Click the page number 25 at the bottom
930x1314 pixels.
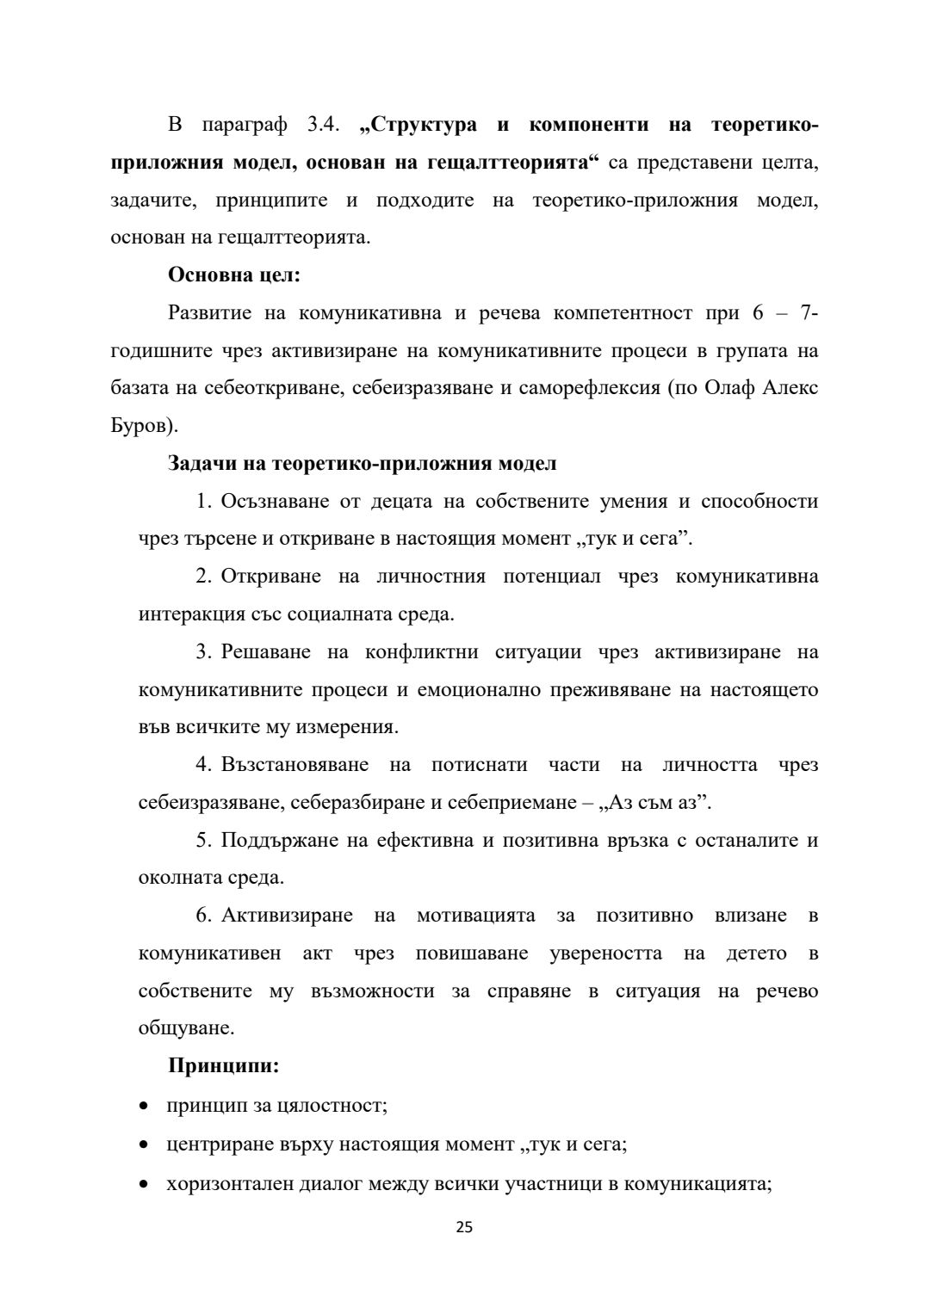point(464,1228)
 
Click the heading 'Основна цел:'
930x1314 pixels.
point(234,275)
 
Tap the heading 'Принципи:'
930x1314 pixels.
point(223,1065)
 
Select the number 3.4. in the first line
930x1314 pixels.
point(325,125)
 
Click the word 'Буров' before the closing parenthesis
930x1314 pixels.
point(141,425)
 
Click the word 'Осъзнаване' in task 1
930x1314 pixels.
point(285,501)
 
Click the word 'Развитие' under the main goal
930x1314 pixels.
point(210,312)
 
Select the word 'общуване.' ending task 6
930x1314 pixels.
point(186,1027)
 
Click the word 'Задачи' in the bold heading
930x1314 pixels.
point(199,463)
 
